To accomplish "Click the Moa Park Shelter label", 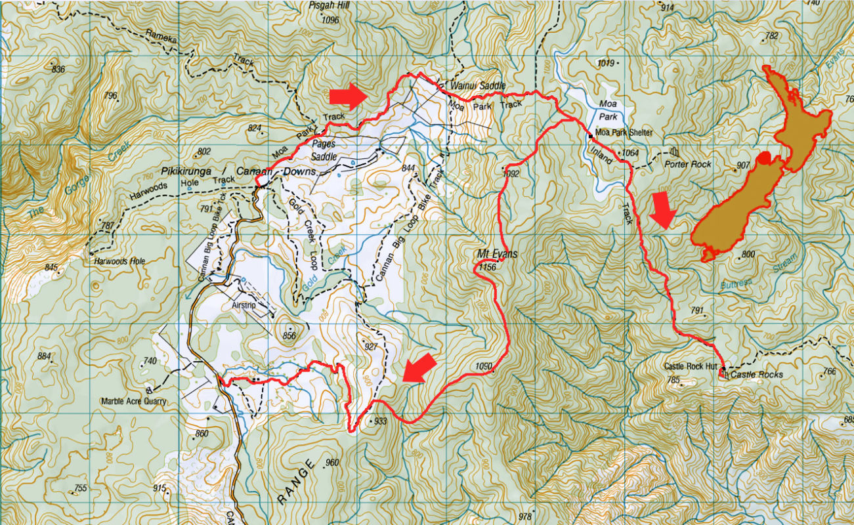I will click(x=624, y=133).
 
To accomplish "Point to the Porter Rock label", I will click(x=688, y=164).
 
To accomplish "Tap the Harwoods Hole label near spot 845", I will click(x=119, y=261).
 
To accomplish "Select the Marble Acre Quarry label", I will click(x=133, y=401).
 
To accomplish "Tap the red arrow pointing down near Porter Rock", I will click(x=665, y=211).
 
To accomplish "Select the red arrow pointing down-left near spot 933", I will click(x=419, y=367).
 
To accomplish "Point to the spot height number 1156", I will click(x=487, y=267).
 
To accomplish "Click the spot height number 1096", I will click(x=331, y=20).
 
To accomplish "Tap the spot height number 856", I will click(x=289, y=336).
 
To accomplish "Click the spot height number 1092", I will click(x=511, y=174).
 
